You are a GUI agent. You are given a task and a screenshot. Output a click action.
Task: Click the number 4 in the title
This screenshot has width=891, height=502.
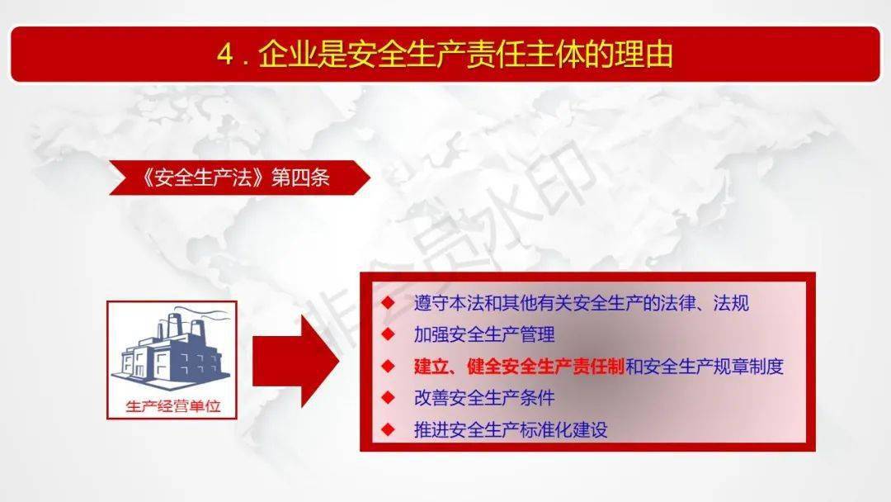[x=224, y=54]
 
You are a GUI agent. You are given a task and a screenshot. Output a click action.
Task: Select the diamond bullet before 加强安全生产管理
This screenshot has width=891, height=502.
[x=388, y=335]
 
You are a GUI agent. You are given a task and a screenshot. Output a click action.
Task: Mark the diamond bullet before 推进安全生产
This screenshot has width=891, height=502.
[x=388, y=429]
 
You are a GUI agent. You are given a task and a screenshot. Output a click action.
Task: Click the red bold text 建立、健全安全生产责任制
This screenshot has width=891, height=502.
[x=518, y=367]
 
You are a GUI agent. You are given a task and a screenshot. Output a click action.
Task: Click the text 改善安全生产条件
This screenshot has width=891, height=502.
[x=484, y=398]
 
